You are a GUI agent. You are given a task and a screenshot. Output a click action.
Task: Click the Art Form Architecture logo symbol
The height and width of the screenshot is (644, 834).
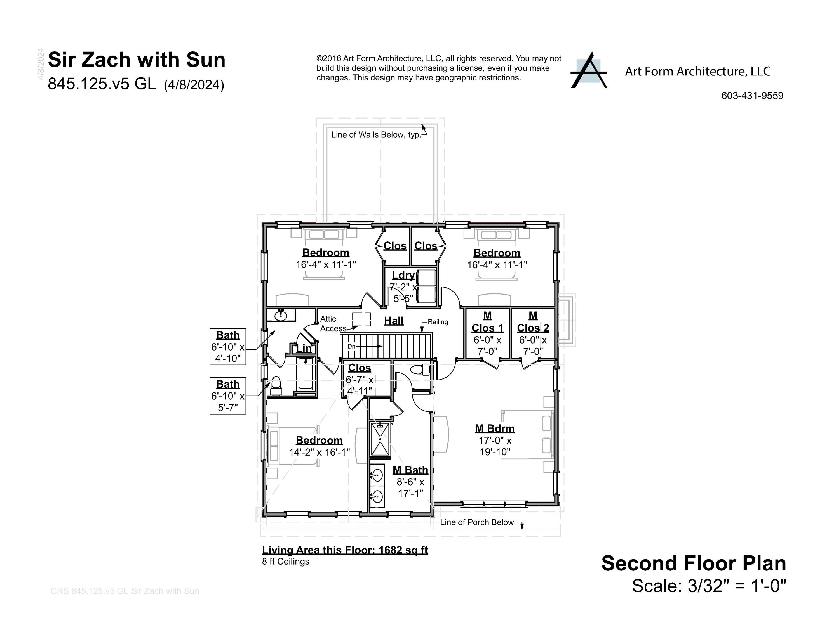click(588, 71)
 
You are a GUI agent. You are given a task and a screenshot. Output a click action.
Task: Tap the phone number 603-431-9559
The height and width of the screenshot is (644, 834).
click(752, 96)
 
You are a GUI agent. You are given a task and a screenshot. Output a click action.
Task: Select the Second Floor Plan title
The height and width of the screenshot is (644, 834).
click(694, 563)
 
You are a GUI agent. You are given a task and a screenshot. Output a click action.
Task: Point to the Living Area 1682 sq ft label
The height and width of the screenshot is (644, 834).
click(345, 550)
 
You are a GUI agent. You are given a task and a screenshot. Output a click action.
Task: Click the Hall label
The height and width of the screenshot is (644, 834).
click(394, 321)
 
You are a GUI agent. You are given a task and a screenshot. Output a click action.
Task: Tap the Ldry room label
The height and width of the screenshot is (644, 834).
click(403, 275)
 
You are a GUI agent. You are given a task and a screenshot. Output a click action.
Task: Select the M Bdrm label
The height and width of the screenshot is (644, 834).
click(495, 428)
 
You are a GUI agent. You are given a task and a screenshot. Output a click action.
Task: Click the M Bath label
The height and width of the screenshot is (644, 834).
click(410, 470)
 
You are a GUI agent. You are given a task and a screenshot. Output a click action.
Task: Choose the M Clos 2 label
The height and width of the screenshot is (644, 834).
click(533, 322)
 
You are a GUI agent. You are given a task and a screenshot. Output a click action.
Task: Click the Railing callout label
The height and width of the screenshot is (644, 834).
click(438, 322)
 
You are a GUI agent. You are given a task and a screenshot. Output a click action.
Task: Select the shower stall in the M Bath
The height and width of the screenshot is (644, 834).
click(380, 439)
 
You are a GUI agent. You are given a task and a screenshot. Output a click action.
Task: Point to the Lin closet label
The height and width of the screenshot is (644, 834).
click(304, 348)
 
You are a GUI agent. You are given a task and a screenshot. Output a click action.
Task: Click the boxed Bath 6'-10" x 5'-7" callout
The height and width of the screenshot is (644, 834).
click(228, 396)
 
